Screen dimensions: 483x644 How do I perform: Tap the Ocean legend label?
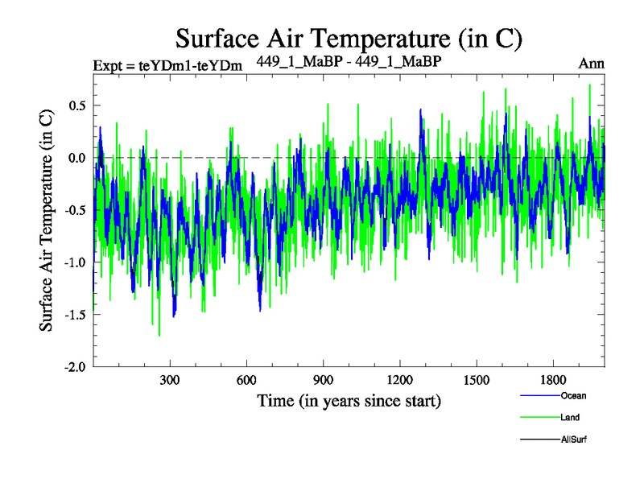tap(574, 395)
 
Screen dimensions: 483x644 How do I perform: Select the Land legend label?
tap(570, 418)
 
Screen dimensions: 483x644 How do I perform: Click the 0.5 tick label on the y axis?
tap(77, 105)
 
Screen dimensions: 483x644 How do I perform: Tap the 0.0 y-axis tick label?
tap(77, 158)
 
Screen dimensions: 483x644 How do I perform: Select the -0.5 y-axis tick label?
tap(75, 210)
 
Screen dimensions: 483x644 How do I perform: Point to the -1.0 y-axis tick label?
tap(75, 262)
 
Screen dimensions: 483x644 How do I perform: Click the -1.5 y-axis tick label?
tap(75, 315)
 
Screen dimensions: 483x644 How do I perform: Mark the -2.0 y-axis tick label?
tap(75, 367)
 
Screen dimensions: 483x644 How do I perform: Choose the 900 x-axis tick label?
tap(324, 380)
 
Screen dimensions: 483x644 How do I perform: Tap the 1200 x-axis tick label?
tap(400, 380)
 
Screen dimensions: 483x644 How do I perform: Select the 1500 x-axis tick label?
tap(477, 380)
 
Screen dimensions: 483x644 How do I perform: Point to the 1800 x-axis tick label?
tap(553, 380)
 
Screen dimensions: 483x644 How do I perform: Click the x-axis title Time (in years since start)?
tap(349, 400)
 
